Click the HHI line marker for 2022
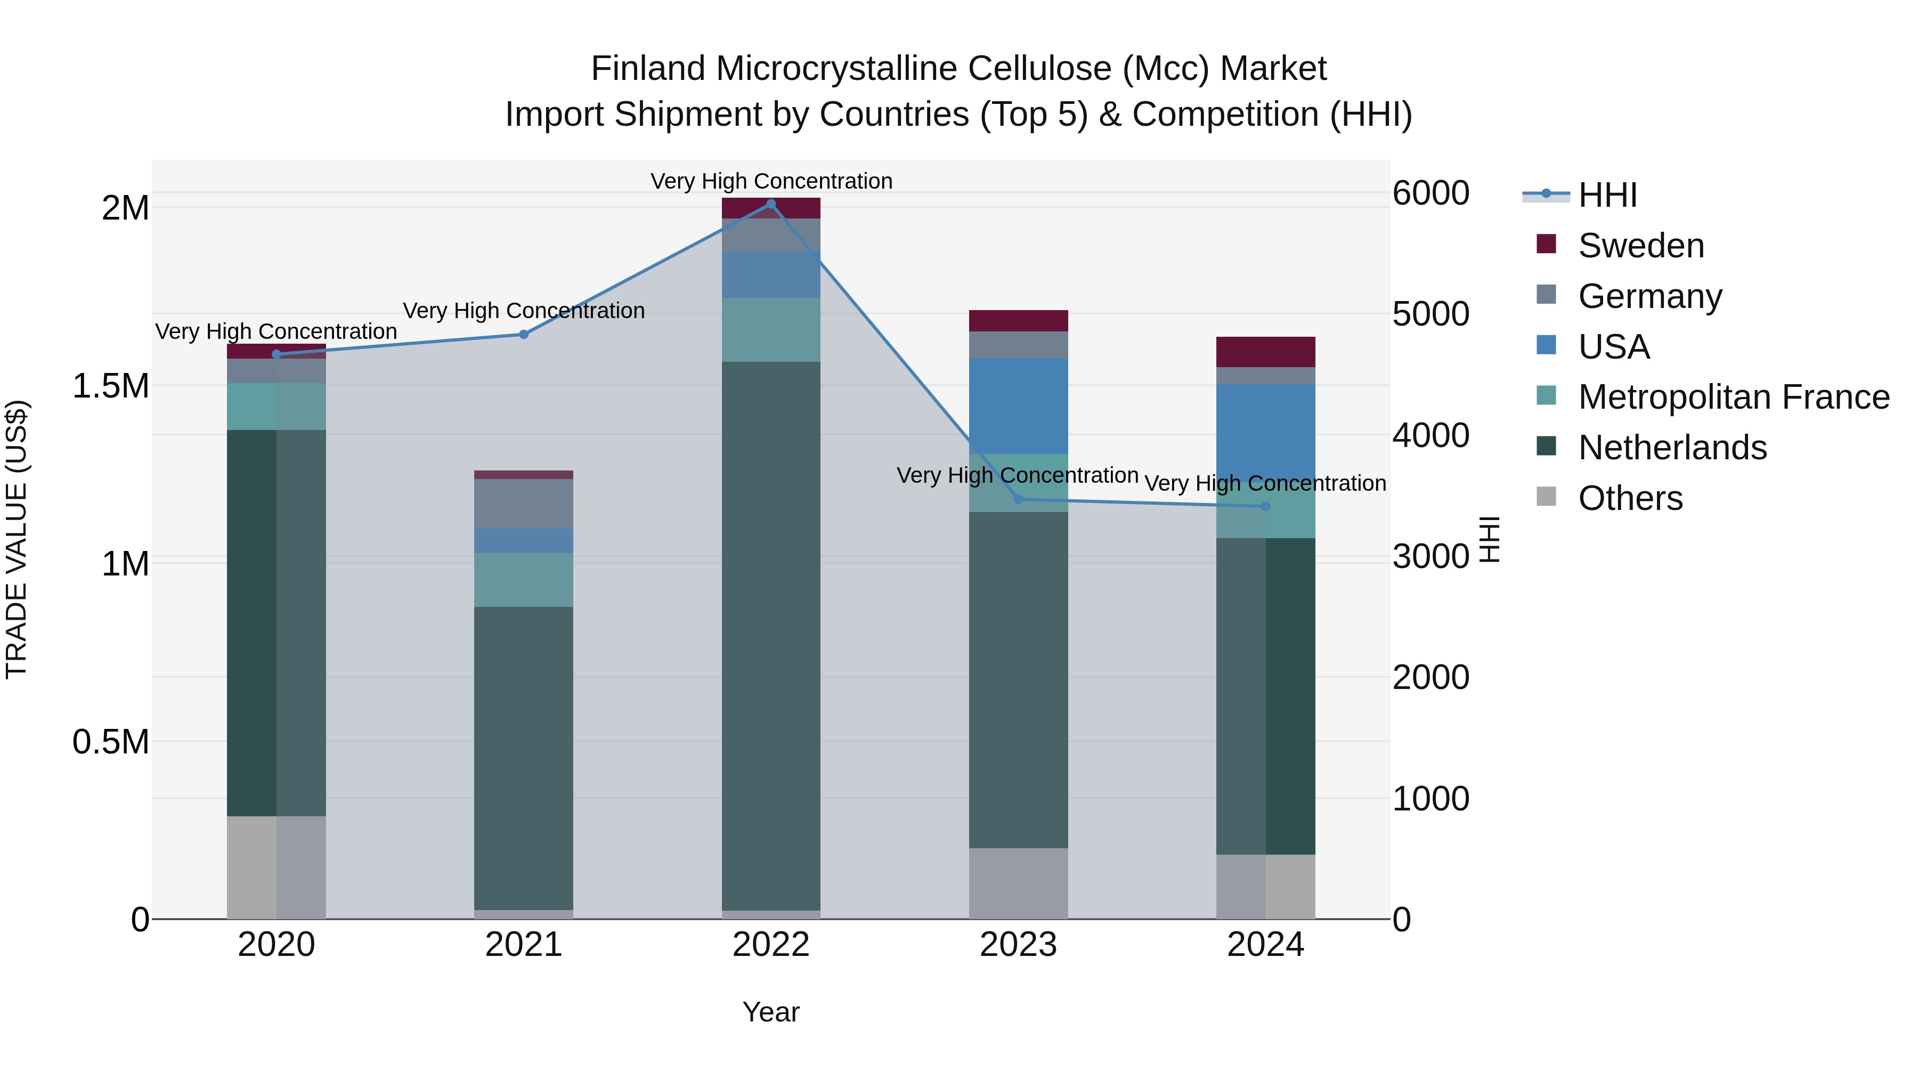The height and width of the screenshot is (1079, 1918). click(770, 204)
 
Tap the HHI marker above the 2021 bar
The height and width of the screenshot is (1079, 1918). click(523, 334)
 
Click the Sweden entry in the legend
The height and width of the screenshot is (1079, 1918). click(1640, 246)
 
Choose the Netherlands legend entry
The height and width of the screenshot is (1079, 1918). click(1671, 448)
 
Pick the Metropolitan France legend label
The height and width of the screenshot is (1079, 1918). click(1733, 397)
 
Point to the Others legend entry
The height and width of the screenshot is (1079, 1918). click(1630, 498)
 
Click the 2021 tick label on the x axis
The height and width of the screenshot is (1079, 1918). click(523, 945)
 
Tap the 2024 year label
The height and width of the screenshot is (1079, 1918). click(1265, 945)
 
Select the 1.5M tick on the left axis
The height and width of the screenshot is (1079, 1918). click(110, 386)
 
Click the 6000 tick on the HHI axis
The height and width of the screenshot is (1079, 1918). click(1431, 193)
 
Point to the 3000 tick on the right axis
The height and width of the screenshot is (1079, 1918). click(1431, 556)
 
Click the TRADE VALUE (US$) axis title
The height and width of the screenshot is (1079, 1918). click(17, 539)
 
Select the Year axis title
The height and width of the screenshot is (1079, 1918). click(770, 1012)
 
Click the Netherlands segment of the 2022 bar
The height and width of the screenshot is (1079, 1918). click(770, 633)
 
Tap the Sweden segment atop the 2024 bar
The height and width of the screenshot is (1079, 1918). click(1265, 352)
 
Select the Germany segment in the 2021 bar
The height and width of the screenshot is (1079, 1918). click(523, 504)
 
